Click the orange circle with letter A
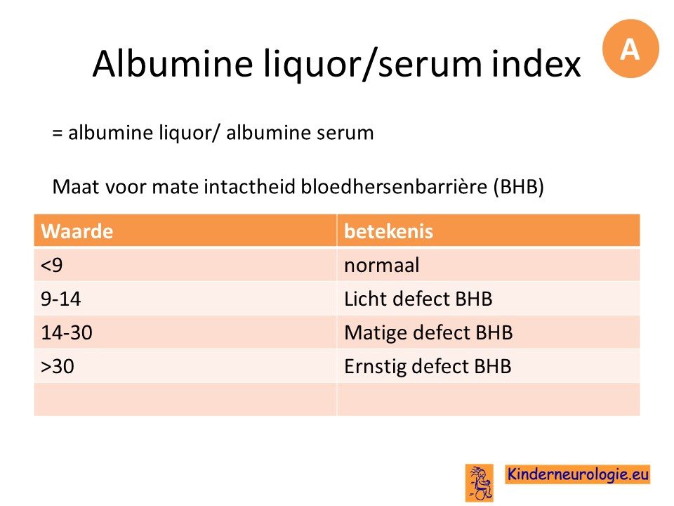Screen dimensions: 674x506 pyautogui.click(x=630, y=48)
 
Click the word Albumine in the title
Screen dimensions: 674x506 pyautogui.click(x=173, y=64)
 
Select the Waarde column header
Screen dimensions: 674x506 pyautogui.click(x=185, y=231)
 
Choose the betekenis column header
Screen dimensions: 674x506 pyautogui.click(x=489, y=231)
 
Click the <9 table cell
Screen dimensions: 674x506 pyautogui.click(x=185, y=264)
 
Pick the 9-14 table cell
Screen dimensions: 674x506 pyautogui.click(x=185, y=298)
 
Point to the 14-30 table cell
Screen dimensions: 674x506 pyautogui.click(x=185, y=332)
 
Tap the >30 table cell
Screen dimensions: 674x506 pyautogui.click(x=185, y=366)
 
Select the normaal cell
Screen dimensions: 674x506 pyautogui.click(x=489, y=264)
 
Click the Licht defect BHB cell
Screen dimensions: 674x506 pyautogui.click(x=489, y=298)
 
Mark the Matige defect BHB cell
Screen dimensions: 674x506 pyautogui.click(x=489, y=332)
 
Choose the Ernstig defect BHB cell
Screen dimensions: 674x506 pyautogui.click(x=489, y=366)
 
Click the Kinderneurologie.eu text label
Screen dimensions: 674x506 pyautogui.click(x=577, y=474)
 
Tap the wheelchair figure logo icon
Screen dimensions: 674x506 pyautogui.click(x=480, y=483)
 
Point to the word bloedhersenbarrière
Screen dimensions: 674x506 pyautogui.click(x=394, y=187)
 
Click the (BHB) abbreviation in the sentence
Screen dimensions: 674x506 pyautogui.click(x=518, y=187)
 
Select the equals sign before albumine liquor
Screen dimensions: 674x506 pyautogui.click(x=58, y=133)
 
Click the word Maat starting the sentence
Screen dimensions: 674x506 pyautogui.click(x=77, y=187)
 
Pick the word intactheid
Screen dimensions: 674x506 pyautogui.click(x=250, y=187)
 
